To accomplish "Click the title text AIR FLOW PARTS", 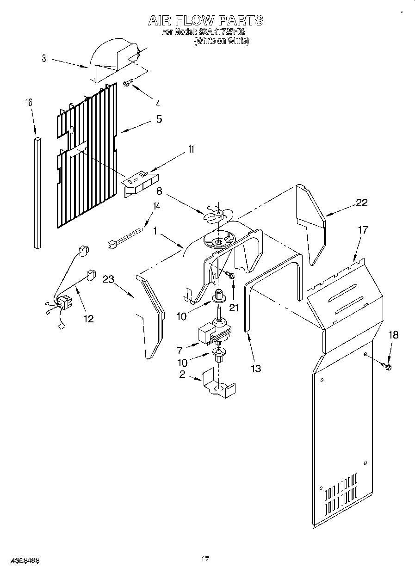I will click(x=205, y=20).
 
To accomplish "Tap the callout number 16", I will click(x=29, y=103).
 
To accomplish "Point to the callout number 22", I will click(x=362, y=202).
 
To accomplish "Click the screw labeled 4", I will click(x=127, y=83).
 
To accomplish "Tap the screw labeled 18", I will click(x=386, y=366).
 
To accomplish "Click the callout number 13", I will click(x=255, y=368).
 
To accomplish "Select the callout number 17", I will click(x=363, y=229).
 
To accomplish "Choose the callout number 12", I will click(x=88, y=318).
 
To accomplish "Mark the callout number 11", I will click(x=178, y=149).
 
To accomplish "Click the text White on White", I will click(x=222, y=41).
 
